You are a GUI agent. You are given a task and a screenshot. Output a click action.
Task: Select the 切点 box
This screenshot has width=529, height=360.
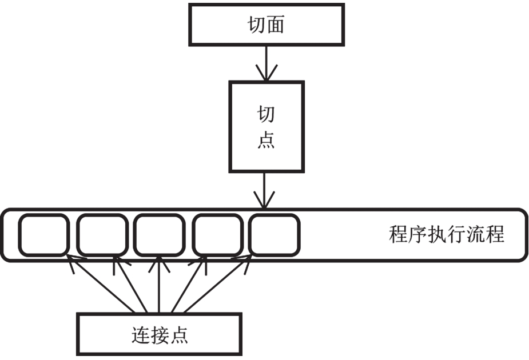click(x=266, y=126)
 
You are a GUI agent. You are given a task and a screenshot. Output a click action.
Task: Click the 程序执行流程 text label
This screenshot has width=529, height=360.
click(x=446, y=235)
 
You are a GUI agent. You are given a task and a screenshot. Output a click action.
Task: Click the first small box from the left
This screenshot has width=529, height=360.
click(x=43, y=235)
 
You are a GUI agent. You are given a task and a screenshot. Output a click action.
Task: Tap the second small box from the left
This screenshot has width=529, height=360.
click(x=102, y=235)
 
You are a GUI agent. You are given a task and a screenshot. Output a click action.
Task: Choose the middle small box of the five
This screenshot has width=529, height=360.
click(x=159, y=235)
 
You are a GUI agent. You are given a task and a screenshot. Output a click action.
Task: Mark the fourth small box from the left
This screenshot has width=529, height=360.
click(x=216, y=235)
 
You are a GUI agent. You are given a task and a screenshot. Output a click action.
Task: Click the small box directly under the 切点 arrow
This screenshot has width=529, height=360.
click(x=274, y=235)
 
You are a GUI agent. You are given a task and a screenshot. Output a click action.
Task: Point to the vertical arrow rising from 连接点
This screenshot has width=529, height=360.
click(x=159, y=286)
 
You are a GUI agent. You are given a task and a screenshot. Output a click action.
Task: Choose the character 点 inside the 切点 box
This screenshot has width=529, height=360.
click(x=266, y=140)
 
